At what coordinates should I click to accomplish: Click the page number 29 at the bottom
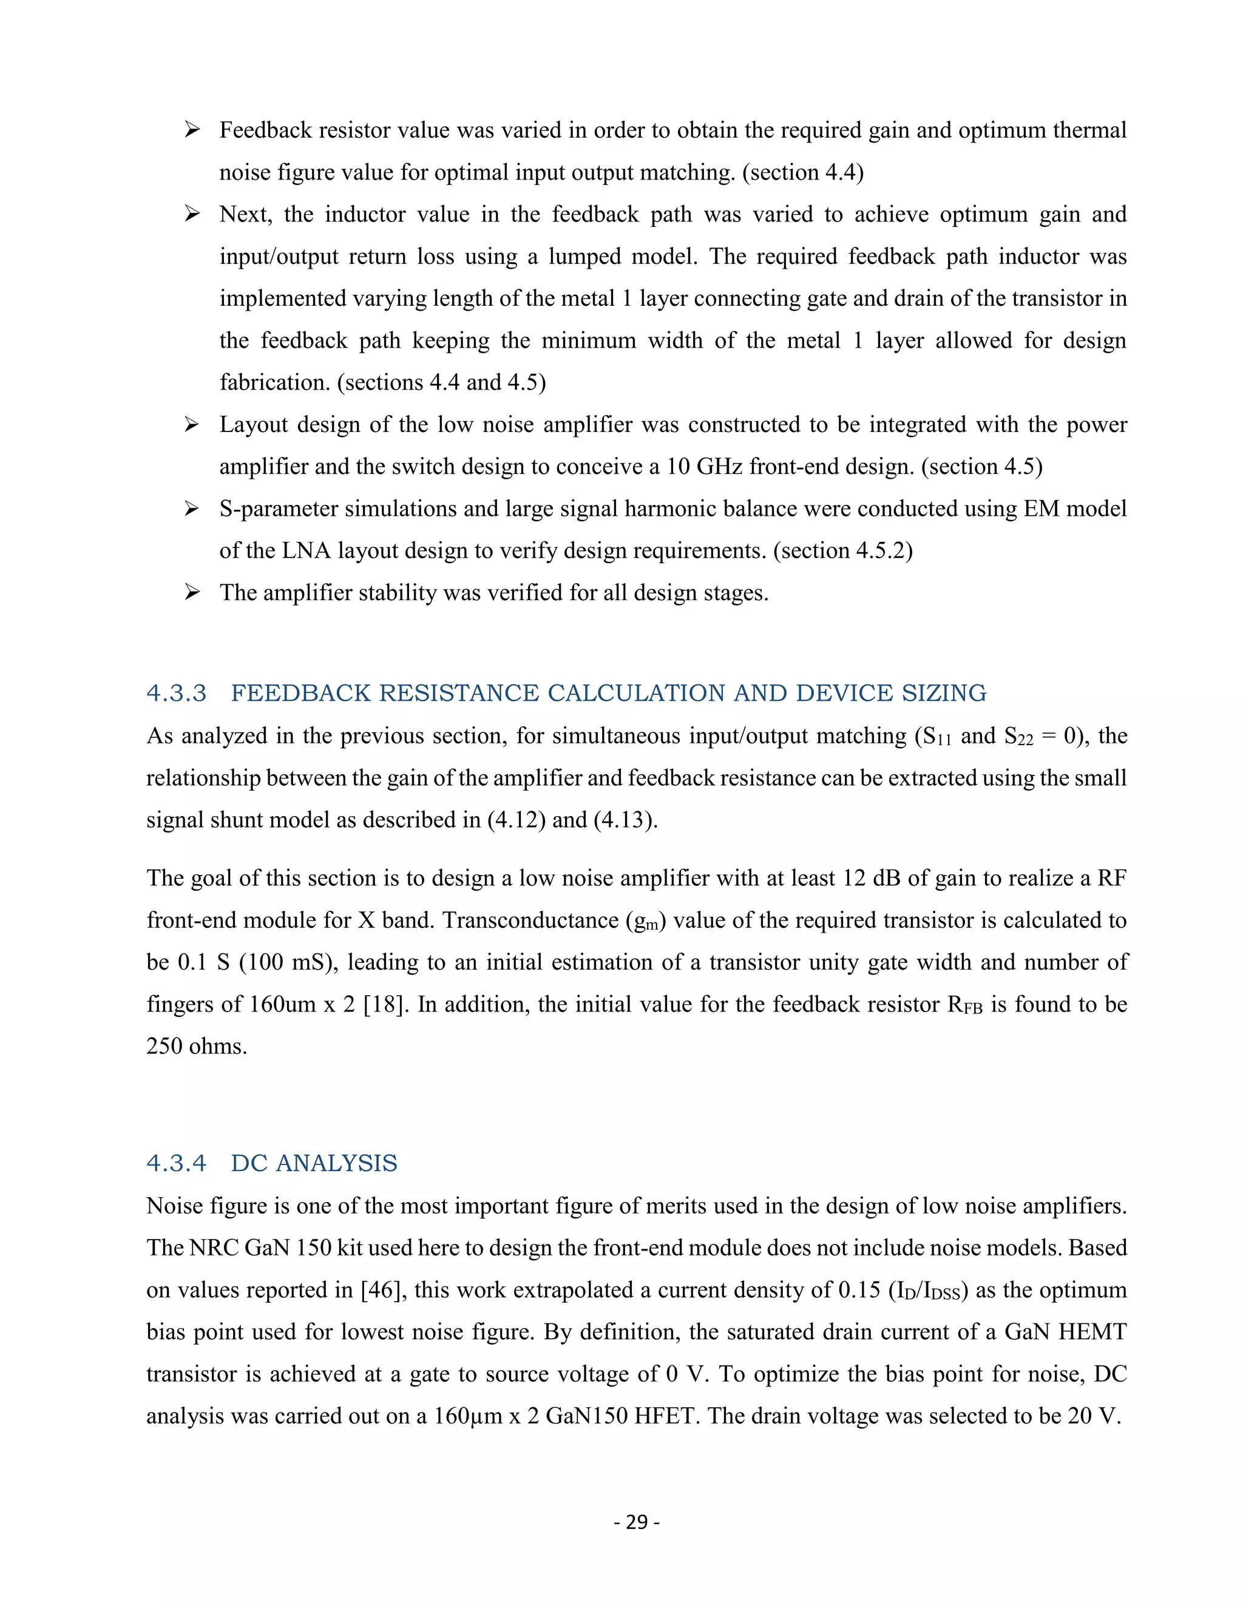[636, 1522]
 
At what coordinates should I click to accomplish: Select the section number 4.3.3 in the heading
[176, 693]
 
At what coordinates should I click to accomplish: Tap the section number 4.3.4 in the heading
[176, 1163]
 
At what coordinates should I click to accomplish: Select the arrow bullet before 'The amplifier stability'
[192, 593]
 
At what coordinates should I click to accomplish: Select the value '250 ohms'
[196, 1046]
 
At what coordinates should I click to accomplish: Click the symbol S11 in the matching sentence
[932, 736]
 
